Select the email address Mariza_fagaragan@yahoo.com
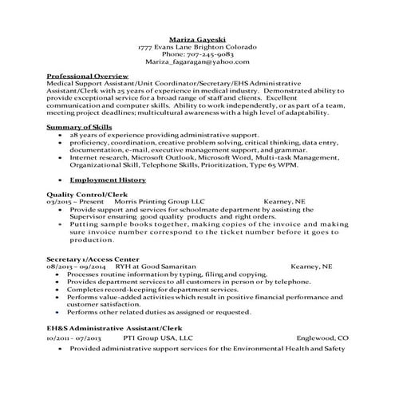(x=197, y=61)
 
